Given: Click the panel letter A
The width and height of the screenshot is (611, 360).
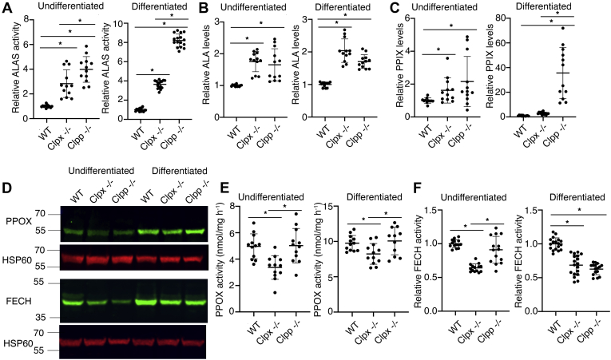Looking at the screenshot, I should click(7, 9).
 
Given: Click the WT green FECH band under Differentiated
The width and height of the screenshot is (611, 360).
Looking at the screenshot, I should click(149, 302).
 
